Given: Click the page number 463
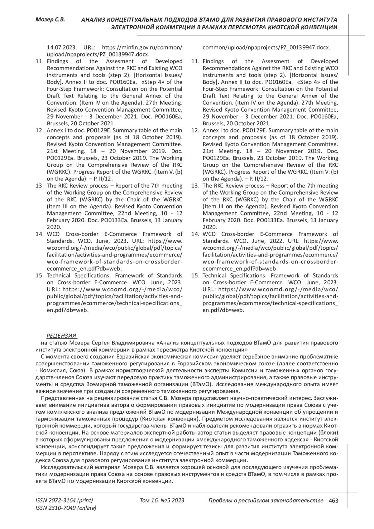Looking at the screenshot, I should (333, 501).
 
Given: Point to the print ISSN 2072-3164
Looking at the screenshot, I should (64, 501).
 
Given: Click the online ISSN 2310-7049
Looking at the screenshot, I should (66, 508).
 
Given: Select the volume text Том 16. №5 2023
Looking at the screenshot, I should (162, 501).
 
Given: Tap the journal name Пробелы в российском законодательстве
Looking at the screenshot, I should (266, 501).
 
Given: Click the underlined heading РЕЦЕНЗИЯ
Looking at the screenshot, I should (61, 336).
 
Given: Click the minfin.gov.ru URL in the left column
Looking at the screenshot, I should (142, 47).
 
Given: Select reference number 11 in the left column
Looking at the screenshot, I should (39, 61).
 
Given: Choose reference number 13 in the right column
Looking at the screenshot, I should (195, 186).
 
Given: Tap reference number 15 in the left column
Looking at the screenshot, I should (39, 276).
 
